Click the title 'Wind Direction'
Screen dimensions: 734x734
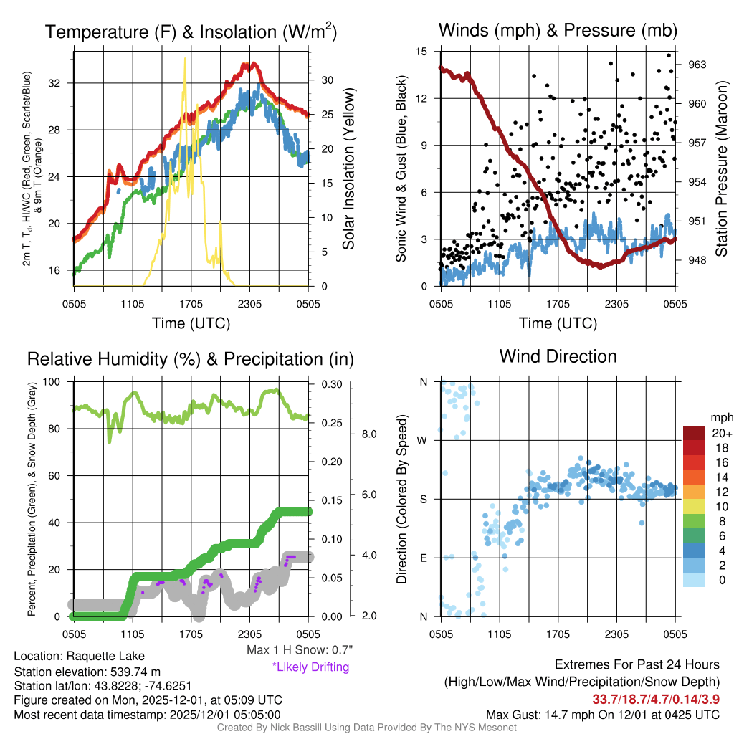point(558,356)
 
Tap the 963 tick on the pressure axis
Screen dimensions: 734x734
point(697,65)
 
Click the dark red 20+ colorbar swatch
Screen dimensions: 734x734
point(694,434)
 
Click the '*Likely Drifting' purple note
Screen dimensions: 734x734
point(310,667)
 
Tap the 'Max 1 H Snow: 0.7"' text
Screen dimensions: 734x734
point(299,650)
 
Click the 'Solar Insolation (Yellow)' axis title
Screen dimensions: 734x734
point(349,168)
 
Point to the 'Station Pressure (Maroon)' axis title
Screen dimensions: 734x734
point(722,168)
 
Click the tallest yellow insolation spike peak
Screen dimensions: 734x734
point(186,59)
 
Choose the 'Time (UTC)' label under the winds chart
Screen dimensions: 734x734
point(558,323)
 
